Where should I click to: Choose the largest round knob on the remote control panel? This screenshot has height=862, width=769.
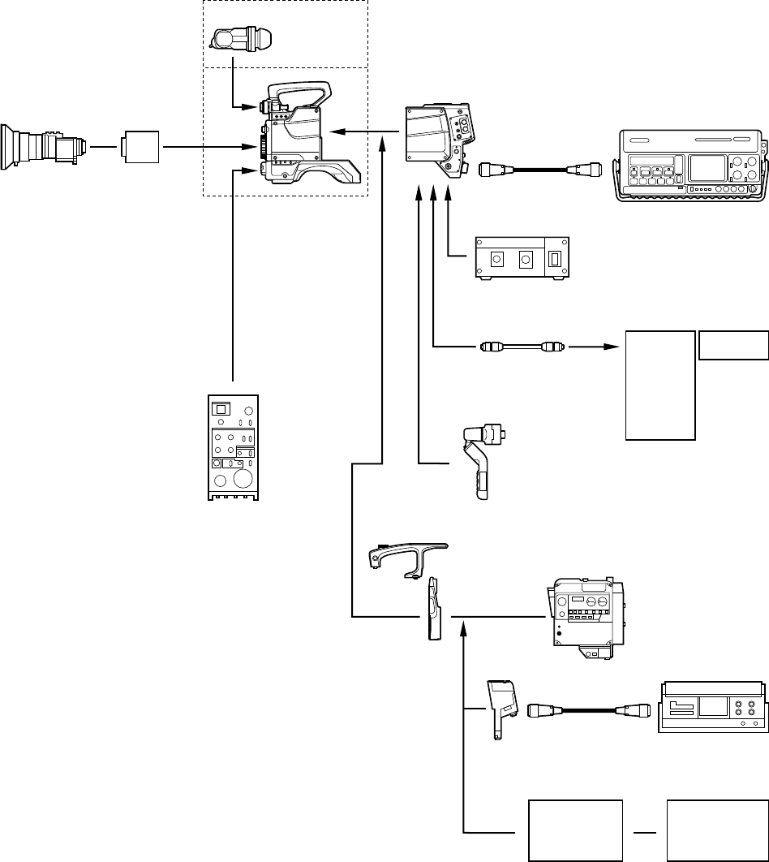tap(243, 480)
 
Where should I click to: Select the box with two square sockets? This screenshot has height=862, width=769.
tap(521, 258)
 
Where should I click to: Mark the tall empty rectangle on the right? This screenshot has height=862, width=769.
tap(660, 385)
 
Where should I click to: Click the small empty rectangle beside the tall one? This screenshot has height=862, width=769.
tap(733, 345)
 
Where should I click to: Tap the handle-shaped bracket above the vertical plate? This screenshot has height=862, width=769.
tap(406, 556)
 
